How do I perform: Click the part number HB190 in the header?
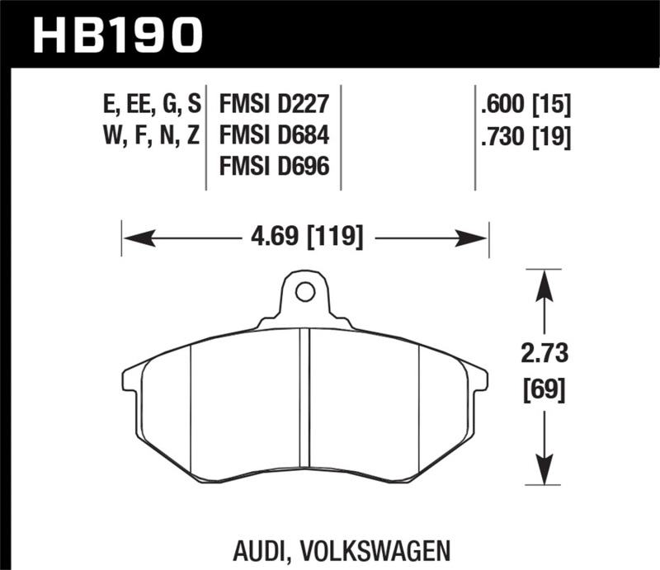point(116,35)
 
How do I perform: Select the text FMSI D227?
point(274,106)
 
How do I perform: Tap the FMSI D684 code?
point(274,135)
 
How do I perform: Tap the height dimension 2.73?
point(543,355)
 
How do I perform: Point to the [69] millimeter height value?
point(543,388)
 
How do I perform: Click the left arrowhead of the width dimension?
point(137,239)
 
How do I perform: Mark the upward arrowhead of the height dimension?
point(543,285)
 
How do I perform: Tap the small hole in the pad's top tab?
point(304,291)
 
